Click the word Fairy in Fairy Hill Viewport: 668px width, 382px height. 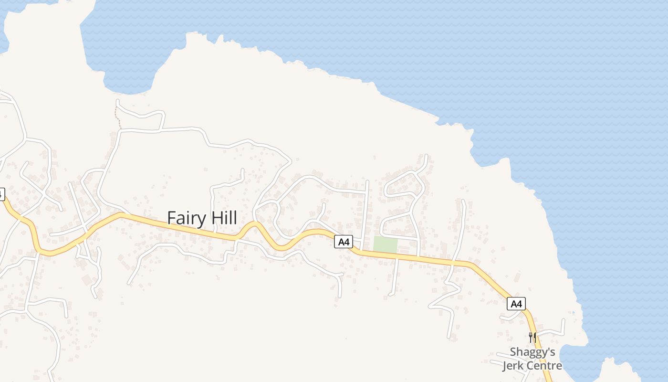click(186, 218)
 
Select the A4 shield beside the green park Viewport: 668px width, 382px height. click(344, 242)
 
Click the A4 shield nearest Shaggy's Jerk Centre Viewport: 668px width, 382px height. click(516, 304)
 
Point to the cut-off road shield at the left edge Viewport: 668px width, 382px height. click(1, 194)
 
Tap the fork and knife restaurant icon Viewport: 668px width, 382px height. click(532, 337)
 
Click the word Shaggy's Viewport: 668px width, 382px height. click(532, 352)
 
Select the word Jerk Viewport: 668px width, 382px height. click(514, 366)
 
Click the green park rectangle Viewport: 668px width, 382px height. click(385, 245)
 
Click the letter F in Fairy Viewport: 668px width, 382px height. click(171, 218)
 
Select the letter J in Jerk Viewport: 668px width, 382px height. click(504, 366)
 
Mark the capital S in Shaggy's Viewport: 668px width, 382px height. click(513, 352)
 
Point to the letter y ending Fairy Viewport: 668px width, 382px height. click(201, 220)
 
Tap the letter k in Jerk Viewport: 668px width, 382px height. click(522, 366)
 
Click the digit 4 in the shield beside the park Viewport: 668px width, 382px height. click(347, 242)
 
